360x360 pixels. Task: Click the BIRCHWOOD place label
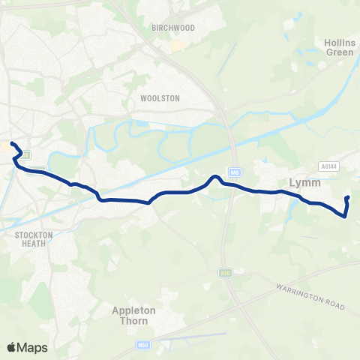click(173, 28)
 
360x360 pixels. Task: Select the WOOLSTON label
click(156, 97)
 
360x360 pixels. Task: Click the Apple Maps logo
click(26, 347)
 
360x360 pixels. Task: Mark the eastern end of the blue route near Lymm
click(348, 198)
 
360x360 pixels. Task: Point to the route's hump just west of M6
click(215, 177)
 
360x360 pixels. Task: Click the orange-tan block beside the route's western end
click(7, 148)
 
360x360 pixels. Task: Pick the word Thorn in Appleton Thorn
click(133, 320)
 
